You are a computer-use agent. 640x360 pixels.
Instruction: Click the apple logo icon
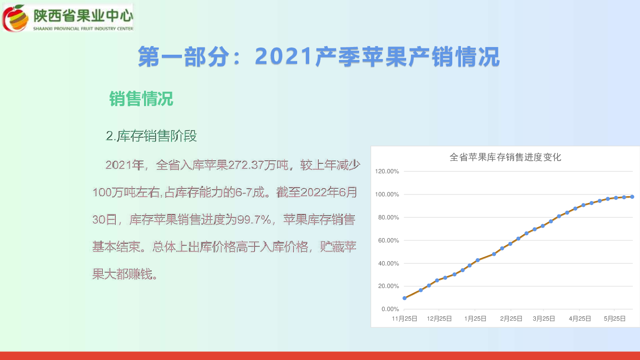15,18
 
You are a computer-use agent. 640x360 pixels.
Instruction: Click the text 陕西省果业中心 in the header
83,16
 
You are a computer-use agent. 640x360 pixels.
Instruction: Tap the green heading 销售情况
141,99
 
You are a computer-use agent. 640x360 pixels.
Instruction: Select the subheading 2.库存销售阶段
151,136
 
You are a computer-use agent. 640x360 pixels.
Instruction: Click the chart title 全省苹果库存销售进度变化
505,157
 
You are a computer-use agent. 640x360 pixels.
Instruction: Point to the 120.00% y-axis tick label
387,171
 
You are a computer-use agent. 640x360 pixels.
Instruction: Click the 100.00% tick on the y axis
387,194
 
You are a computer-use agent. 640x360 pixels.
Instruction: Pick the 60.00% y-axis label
388,240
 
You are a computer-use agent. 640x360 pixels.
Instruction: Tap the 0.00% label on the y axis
390,309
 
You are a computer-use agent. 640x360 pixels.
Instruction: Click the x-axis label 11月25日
404,319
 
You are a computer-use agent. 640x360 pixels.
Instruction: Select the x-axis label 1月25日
475,319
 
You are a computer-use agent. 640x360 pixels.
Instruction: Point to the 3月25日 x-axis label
543,319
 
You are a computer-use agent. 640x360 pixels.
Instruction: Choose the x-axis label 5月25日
615,319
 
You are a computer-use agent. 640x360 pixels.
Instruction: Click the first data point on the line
405,298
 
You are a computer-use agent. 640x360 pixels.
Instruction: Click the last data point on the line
632,197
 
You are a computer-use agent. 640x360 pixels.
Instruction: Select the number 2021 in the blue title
283,56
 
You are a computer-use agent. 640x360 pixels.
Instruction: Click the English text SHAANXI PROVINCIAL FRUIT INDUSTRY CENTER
83,29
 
